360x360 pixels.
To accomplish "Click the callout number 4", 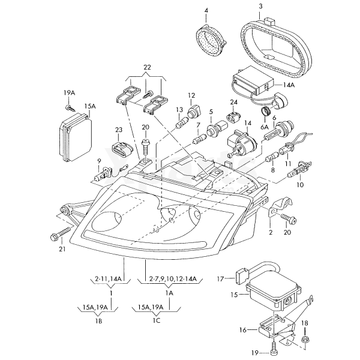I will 206,11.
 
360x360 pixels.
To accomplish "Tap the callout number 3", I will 261,7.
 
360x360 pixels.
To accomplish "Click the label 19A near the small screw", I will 70,92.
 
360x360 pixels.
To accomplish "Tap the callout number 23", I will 119,130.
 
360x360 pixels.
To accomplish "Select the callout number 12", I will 192,95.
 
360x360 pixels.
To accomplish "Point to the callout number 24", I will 233,102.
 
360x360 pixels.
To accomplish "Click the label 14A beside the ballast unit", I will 289,86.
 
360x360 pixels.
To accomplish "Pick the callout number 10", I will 300,185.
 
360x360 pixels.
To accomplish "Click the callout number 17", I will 220,278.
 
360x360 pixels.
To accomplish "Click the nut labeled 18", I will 304,340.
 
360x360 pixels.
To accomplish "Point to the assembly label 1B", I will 98,322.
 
